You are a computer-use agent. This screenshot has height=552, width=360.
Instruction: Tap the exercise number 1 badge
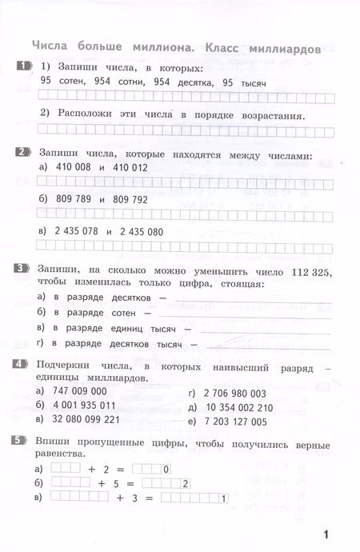pyautogui.click(x=23, y=66)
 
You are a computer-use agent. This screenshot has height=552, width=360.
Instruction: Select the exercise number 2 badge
pyautogui.click(x=23, y=152)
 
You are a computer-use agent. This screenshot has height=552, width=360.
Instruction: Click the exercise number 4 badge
pyautogui.click(x=23, y=365)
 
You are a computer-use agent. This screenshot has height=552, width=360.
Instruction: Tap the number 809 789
pyautogui.click(x=66, y=199)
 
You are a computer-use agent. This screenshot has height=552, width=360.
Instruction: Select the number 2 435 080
pyautogui.click(x=151, y=231)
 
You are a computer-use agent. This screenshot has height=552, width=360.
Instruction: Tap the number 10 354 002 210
pyautogui.click(x=238, y=406)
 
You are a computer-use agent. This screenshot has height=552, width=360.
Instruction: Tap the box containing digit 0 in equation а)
pyautogui.click(x=164, y=470)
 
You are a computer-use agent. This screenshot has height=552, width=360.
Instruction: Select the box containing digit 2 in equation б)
pyautogui.click(x=185, y=484)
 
